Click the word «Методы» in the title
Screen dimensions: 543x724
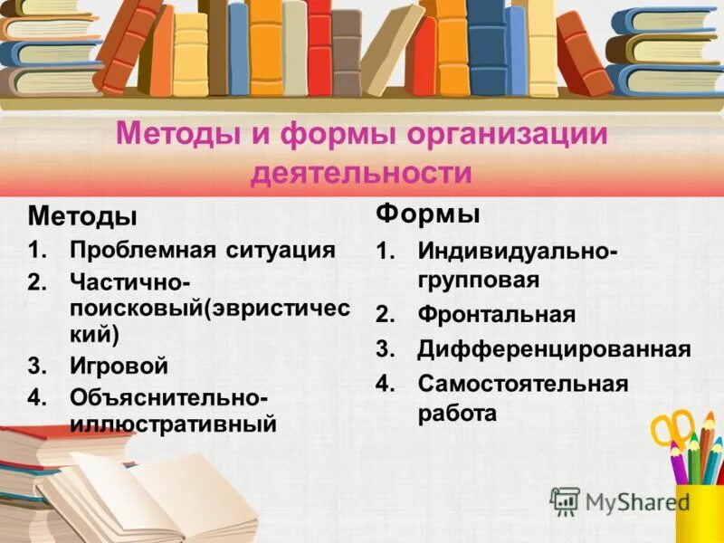point(172,137)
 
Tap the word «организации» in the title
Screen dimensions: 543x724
point(507,137)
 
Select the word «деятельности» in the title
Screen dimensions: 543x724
point(361,172)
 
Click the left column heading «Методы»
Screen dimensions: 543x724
point(82,217)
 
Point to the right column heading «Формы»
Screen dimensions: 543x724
point(428,214)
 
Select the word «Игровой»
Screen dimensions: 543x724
point(119,367)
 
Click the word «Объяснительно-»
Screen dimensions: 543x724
point(168,397)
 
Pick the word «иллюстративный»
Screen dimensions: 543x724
point(173,423)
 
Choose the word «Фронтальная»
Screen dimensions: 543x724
point(496,315)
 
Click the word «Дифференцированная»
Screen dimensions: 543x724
point(554,349)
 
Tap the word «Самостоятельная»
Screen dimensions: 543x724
point(522,384)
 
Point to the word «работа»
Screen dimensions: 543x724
point(457,414)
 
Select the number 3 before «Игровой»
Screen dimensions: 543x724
point(34,367)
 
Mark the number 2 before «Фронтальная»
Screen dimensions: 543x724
point(384,315)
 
